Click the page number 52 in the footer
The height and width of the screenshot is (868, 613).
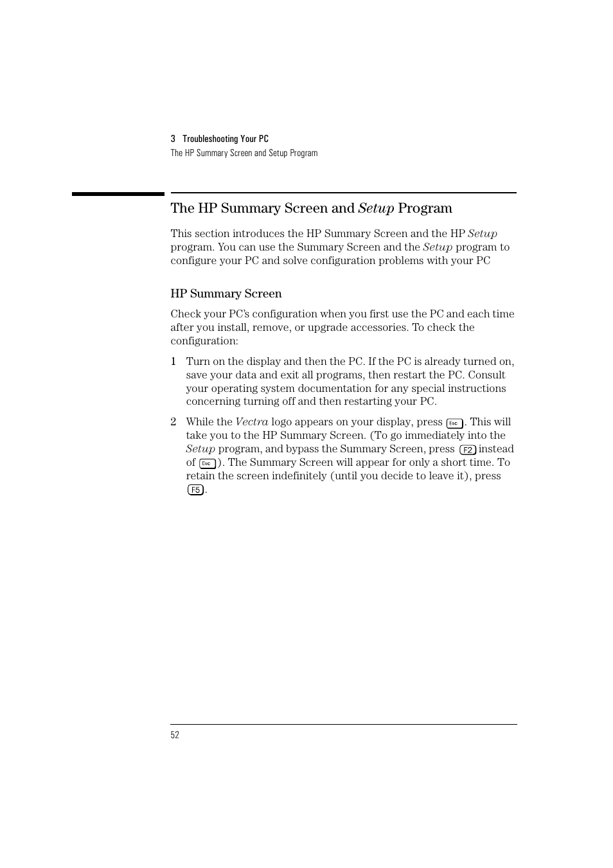[175, 735]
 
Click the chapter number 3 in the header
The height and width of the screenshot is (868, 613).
[173, 139]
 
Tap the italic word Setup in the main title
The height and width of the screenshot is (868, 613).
[376, 208]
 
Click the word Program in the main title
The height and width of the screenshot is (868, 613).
[425, 208]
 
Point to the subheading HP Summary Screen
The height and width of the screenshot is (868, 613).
[226, 294]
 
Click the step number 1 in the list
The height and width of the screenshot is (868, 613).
[173, 362]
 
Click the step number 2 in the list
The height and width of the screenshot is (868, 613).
[173, 422]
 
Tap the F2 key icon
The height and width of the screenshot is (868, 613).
[468, 450]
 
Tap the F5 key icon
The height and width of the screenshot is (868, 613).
[195, 490]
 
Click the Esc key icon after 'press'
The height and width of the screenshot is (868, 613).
[454, 423]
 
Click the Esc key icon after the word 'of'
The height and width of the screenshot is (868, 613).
[207, 463]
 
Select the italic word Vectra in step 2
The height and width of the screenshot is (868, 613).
[251, 422]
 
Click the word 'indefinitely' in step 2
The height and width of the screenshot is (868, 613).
[299, 476]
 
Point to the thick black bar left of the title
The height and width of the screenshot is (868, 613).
[118, 193]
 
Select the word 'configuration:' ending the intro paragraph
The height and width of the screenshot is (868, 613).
[204, 341]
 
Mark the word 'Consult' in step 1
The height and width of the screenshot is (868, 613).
[486, 375]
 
